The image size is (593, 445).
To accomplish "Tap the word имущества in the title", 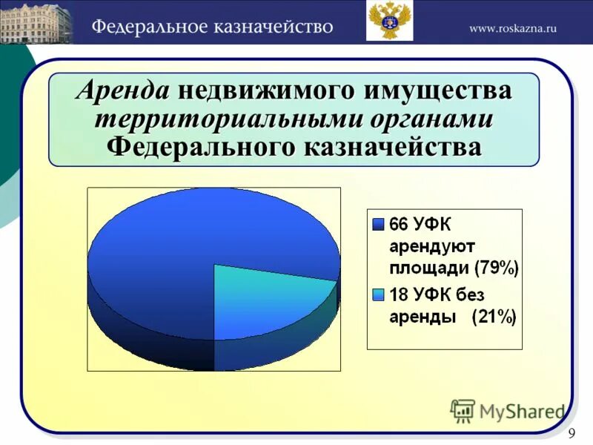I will click(x=437, y=91).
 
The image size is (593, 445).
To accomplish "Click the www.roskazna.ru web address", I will click(x=512, y=28).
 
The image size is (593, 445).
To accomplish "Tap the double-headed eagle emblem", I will click(x=389, y=21).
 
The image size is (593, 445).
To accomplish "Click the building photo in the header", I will click(x=36, y=22).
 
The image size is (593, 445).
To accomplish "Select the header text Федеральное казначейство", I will click(x=212, y=27).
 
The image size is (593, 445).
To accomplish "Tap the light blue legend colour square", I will click(x=378, y=295).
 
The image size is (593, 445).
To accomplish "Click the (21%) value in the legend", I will click(x=494, y=317).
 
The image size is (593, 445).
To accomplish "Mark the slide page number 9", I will click(x=572, y=434).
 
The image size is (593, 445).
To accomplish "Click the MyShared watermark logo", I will click(x=508, y=410).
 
